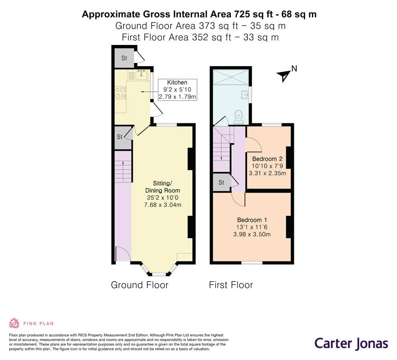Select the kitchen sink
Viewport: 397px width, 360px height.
coord(141,75)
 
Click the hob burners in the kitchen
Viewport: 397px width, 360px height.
coord(121,93)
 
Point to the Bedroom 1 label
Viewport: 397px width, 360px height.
coord(252,220)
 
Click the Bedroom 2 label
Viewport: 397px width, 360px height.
coord(267,159)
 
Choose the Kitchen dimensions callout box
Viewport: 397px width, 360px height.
coord(177,90)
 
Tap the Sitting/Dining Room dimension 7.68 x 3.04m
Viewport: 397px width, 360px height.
coord(162,205)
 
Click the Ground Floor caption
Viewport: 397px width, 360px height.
coord(140,285)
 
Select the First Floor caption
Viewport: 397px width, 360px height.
coord(231,285)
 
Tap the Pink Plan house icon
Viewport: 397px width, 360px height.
coord(14,323)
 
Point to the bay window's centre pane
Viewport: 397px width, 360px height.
coord(159,274)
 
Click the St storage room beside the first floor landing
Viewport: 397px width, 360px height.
coord(221,182)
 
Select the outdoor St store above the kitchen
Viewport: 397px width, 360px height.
coord(124,58)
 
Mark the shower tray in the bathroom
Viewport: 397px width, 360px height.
coord(230,77)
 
